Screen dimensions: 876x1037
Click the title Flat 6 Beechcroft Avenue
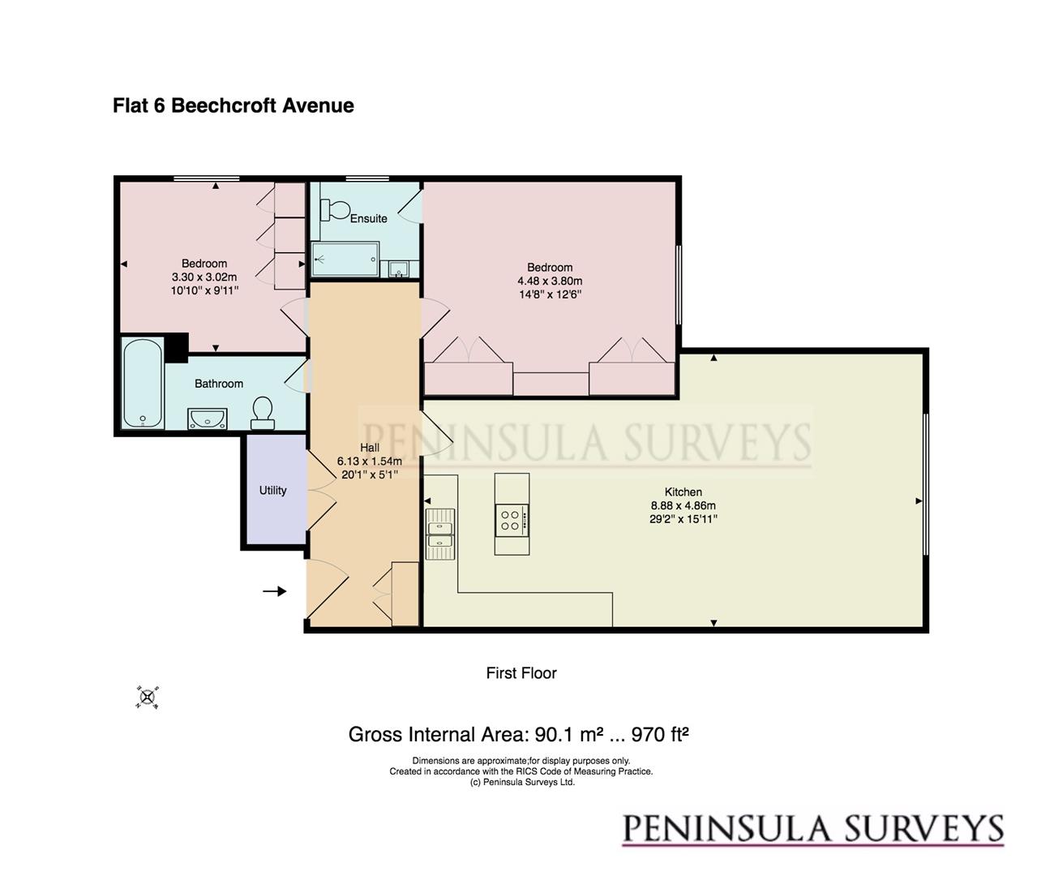click(x=233, y=105)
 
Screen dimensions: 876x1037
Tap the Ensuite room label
click(x=368, y=218)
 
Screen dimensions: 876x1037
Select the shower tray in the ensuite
click(x=345, y=260)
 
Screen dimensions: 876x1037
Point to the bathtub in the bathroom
click(x=143, y=384)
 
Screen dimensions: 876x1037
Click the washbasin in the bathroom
click(x=208, y=419)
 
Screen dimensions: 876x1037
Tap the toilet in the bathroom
click(x=262, y=413)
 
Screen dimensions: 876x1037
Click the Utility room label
click(x=272, y=490)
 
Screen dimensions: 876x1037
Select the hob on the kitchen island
click(x=512, y=519)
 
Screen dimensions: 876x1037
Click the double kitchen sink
click(x=439, y=533)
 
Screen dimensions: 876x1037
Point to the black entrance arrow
click(x=275, y=591)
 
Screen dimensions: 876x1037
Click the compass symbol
click(x=148, y=698)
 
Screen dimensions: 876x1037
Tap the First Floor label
click(x=521, y=672)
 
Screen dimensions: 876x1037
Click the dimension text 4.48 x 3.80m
click(x=550, y=281)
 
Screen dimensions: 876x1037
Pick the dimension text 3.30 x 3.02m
click(x=204, y=277)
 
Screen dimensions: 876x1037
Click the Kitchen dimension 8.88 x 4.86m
click(x=683, y=505)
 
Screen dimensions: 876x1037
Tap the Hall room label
click(x=369, y=448)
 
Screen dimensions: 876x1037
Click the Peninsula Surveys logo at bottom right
click(x=812, y=829)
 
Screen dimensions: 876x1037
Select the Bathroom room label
click(x=218, y=384)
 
